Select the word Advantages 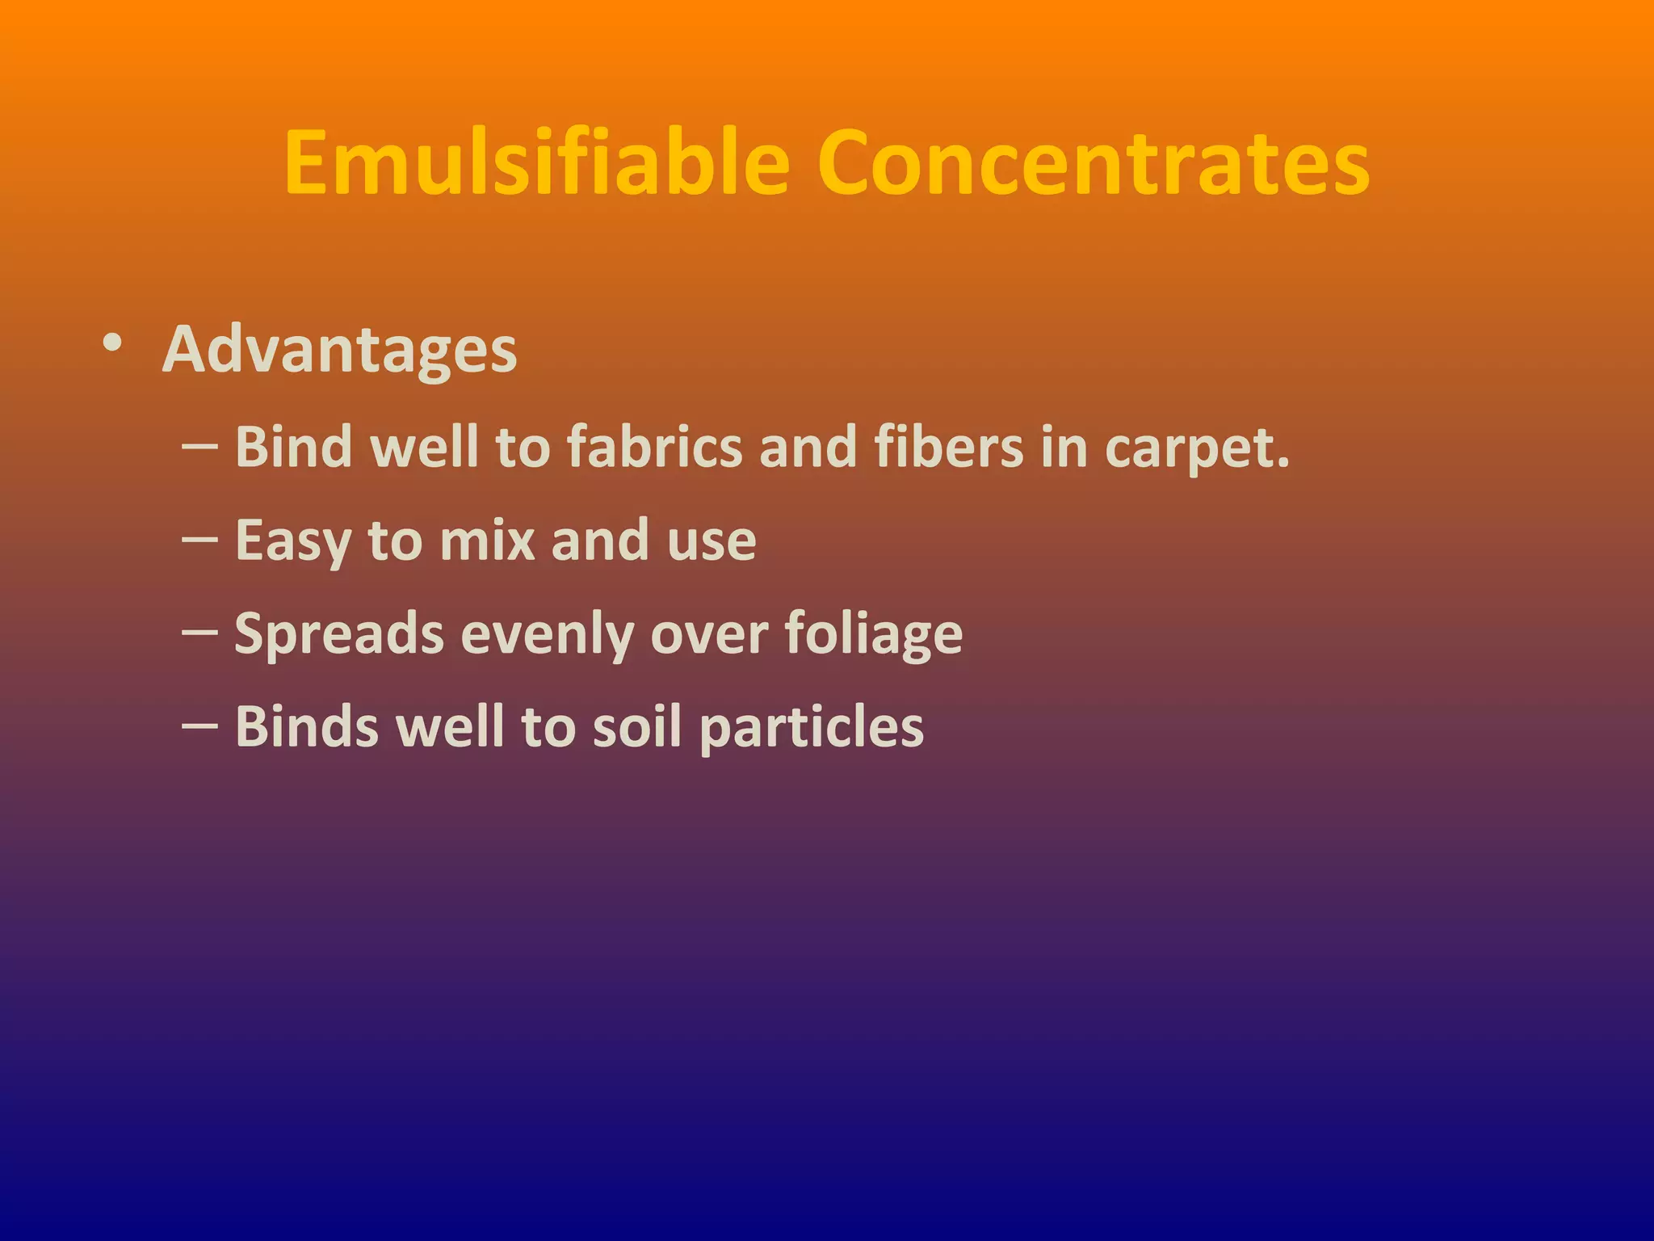(339, 350)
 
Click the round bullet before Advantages (113, 343)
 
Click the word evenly (547, 635)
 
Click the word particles (811, 728)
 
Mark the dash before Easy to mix (199, 539)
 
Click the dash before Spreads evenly (199, 632)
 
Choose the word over (709, 635)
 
